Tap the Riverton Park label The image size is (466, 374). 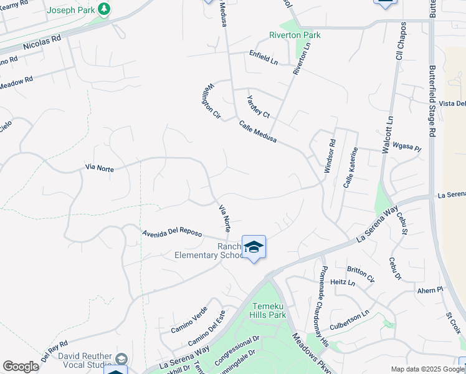(295, 35)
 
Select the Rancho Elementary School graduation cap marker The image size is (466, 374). (254, 247)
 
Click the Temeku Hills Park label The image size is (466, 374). (269, 310)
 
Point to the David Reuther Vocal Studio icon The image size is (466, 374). (121, 360)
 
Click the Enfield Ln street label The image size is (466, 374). (264, 57)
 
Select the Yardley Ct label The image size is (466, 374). (257, 106)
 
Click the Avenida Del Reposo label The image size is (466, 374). (172, 233)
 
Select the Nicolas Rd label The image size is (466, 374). (42, 42)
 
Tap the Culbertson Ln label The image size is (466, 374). (349, 316)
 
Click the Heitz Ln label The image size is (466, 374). (343, 282)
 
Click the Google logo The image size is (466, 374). (21, 367)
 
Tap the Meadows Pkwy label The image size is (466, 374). (309, 357)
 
